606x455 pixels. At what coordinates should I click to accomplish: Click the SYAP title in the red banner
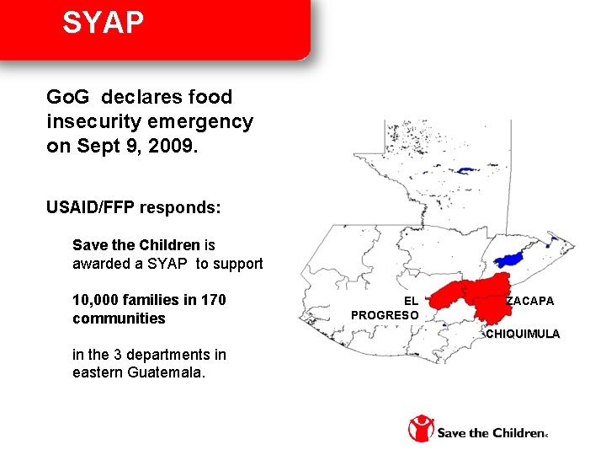[104, 23]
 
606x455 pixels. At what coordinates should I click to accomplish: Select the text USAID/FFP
[92, 207]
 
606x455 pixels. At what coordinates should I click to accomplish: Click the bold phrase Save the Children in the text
[136, 245]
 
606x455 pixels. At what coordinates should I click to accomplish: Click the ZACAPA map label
[530, 301]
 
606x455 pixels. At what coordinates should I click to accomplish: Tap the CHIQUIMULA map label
[522, 334]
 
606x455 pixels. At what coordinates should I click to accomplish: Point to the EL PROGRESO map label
[385, 308]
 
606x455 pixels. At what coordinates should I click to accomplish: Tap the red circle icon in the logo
[421, 428]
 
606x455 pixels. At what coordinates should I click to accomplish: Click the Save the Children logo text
[491, 433]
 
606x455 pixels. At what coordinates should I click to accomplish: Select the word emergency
[210, 121]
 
